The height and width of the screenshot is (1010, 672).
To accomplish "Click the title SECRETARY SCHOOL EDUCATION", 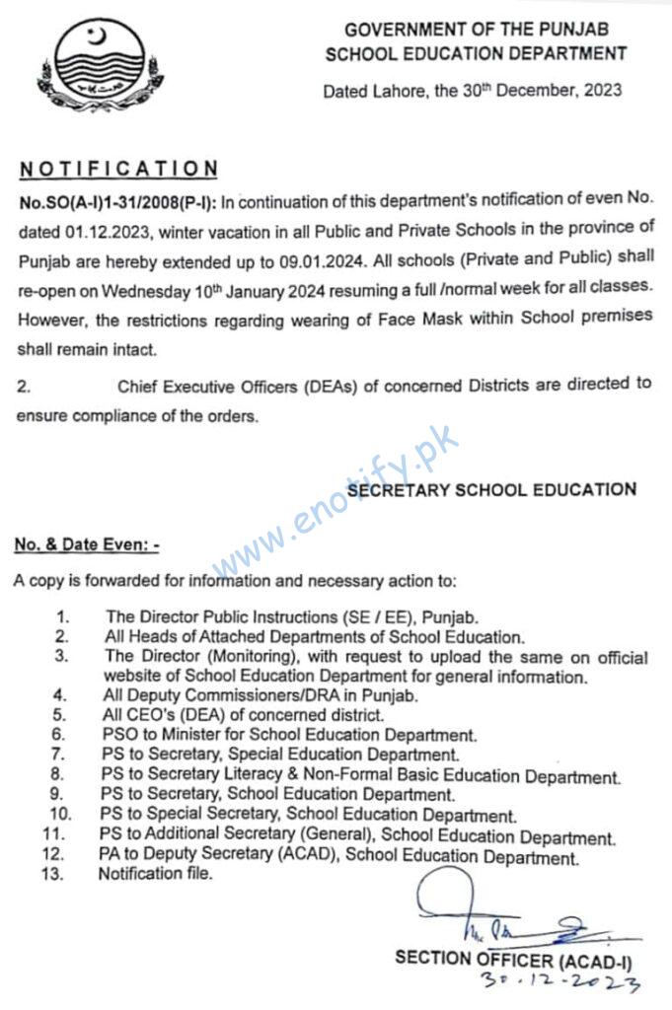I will click(x=492, y=488).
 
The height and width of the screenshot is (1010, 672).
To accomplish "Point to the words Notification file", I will click(x=155, y=874).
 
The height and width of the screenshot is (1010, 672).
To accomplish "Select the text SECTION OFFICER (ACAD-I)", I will click(x=512, y=956).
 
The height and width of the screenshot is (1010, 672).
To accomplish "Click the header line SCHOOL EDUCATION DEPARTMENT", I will click(x=476, y=53).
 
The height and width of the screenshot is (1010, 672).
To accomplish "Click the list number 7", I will click(x=59, y=753).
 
